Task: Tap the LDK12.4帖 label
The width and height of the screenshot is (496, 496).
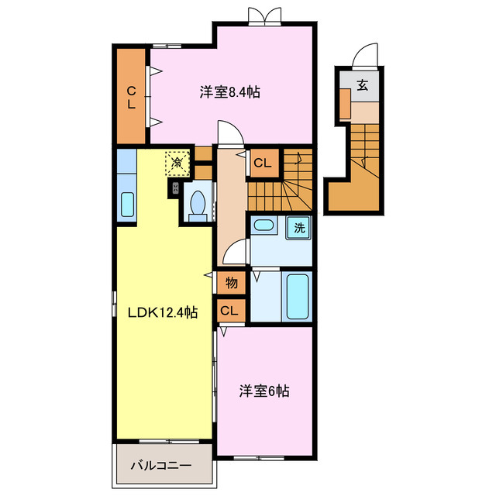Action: tap(163, 312)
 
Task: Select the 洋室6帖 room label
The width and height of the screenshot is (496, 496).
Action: tap(263, 391)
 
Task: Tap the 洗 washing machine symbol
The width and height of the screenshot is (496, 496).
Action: tap(298, 228)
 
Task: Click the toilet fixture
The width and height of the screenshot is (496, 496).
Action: tap(197, 205)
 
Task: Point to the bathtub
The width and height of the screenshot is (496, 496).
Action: tap(297, 296)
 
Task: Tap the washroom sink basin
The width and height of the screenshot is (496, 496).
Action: tap(263, 226)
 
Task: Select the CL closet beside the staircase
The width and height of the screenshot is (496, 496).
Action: tap(262, 163)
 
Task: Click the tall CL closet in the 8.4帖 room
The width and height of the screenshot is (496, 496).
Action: tap(132, 96)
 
